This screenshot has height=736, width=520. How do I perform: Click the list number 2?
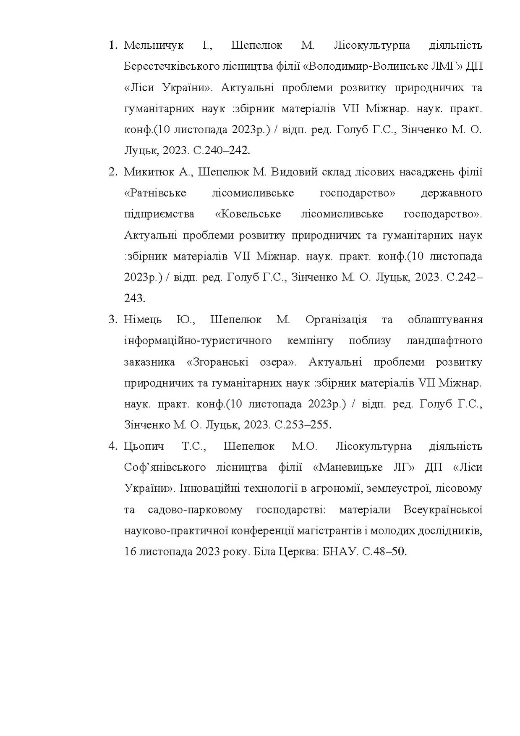pyautogui.click(x=112, y=172)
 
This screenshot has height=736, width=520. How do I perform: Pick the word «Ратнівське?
pyautogui.click(x=155, y=193)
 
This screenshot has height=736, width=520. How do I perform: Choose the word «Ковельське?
pyautogui.click(x=248, y=214)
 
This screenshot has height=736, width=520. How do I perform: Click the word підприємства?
pyautogui.click(x=159, y=214)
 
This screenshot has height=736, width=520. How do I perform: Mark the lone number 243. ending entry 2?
pyautogui.click(x=135, y=299)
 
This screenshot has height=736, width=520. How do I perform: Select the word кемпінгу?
pyautogui.click(x=310, y=340)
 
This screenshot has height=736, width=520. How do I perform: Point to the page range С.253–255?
pyautogui.click(x=303, y=425)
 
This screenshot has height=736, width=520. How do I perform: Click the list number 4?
pyautogui.click(x=112, y=446)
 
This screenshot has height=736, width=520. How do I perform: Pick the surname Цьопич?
pyautogui.click(x=144, y=446)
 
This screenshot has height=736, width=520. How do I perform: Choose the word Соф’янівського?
pyautogui.click(x=165, y=467)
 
